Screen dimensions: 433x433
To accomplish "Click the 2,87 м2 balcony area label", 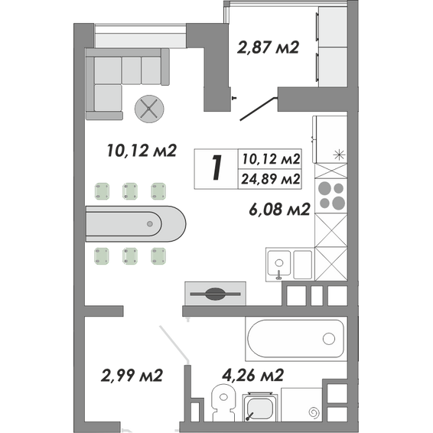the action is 268,47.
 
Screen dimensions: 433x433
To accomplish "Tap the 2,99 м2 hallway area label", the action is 132,376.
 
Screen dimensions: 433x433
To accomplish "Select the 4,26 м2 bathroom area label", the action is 253,375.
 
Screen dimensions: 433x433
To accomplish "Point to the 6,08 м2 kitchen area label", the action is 279,210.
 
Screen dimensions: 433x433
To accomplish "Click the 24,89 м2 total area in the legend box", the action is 270,179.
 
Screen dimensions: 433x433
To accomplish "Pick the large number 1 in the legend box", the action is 216,168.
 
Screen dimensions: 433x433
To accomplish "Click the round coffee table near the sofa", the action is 149,109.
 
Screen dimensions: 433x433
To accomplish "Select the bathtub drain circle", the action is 329,339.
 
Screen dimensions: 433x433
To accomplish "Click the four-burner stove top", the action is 331,196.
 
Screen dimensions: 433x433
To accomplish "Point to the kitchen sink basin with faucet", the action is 279,263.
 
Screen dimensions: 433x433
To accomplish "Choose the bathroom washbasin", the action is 260,408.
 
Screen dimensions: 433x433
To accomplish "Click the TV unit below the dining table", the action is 215,294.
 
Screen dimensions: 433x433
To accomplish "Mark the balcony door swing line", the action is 258,109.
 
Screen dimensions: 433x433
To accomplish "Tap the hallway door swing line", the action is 174,343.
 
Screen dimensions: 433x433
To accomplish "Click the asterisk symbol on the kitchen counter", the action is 339,155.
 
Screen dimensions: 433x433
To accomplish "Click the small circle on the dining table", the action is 150,223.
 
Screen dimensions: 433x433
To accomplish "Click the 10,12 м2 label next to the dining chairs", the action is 142,151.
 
